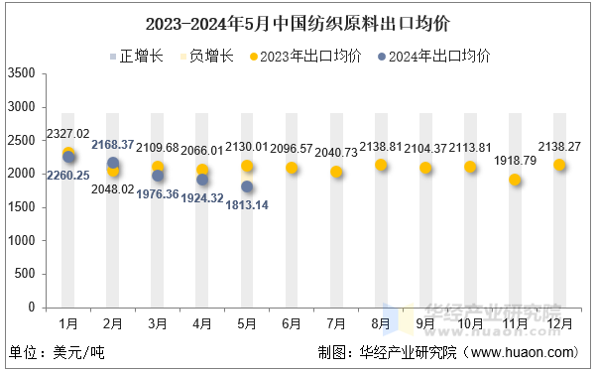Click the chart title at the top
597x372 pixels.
coord(298,21)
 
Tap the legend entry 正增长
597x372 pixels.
coord(133,56)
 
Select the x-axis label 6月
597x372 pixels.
coord(292,323)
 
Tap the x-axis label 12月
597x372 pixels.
coord(559,323)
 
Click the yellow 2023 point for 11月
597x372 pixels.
coord(515,180)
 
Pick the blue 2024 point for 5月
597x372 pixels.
coord(247,186)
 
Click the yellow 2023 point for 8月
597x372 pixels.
coord(381,165)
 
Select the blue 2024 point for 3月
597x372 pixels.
coord(158,176)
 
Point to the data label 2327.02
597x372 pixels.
coord(67,134)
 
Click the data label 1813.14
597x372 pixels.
coord(247,204)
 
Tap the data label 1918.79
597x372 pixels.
coord(515,160)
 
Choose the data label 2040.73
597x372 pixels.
coord(336,152)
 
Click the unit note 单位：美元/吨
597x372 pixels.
coord(57,352)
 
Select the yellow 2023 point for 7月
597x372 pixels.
coord(336,172)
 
